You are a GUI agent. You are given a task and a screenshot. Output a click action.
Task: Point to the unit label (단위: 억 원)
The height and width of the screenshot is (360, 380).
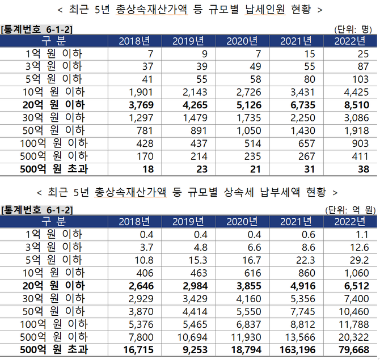click(x=351, y=210)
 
